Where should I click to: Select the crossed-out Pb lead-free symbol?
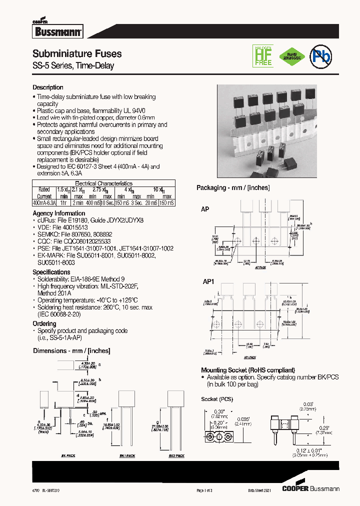click(320, 55)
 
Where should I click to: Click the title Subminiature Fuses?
click(77, 53)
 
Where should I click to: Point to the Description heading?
click(48, 87)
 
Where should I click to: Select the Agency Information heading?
click(58, 213)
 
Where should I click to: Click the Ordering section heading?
click(44, 323)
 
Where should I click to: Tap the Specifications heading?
click(51, 272)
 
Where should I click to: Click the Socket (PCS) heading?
click(216, 399)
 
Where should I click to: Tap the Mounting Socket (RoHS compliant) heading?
click(247, 369)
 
